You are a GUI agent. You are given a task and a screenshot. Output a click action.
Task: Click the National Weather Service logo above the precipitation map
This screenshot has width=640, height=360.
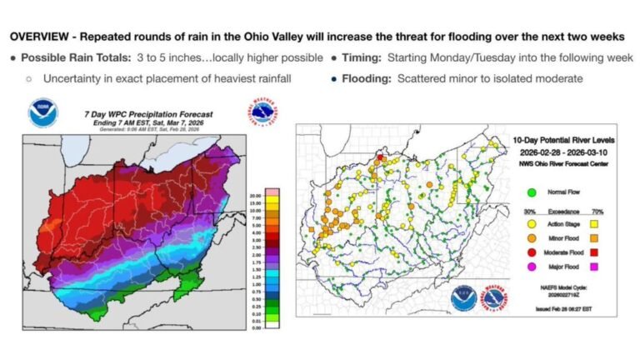coord(257,112)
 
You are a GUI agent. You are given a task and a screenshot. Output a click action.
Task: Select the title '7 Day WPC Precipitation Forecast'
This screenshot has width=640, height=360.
coord(148,113)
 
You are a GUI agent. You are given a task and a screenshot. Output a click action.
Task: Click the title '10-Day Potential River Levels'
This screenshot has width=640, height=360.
coord(553,135)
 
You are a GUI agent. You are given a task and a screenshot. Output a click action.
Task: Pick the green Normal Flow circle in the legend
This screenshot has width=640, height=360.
coord(531,192)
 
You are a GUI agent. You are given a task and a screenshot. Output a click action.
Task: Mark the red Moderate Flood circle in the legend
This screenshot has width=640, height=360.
coord(531,251)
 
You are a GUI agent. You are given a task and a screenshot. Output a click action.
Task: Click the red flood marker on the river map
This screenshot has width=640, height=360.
coord(377,156)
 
